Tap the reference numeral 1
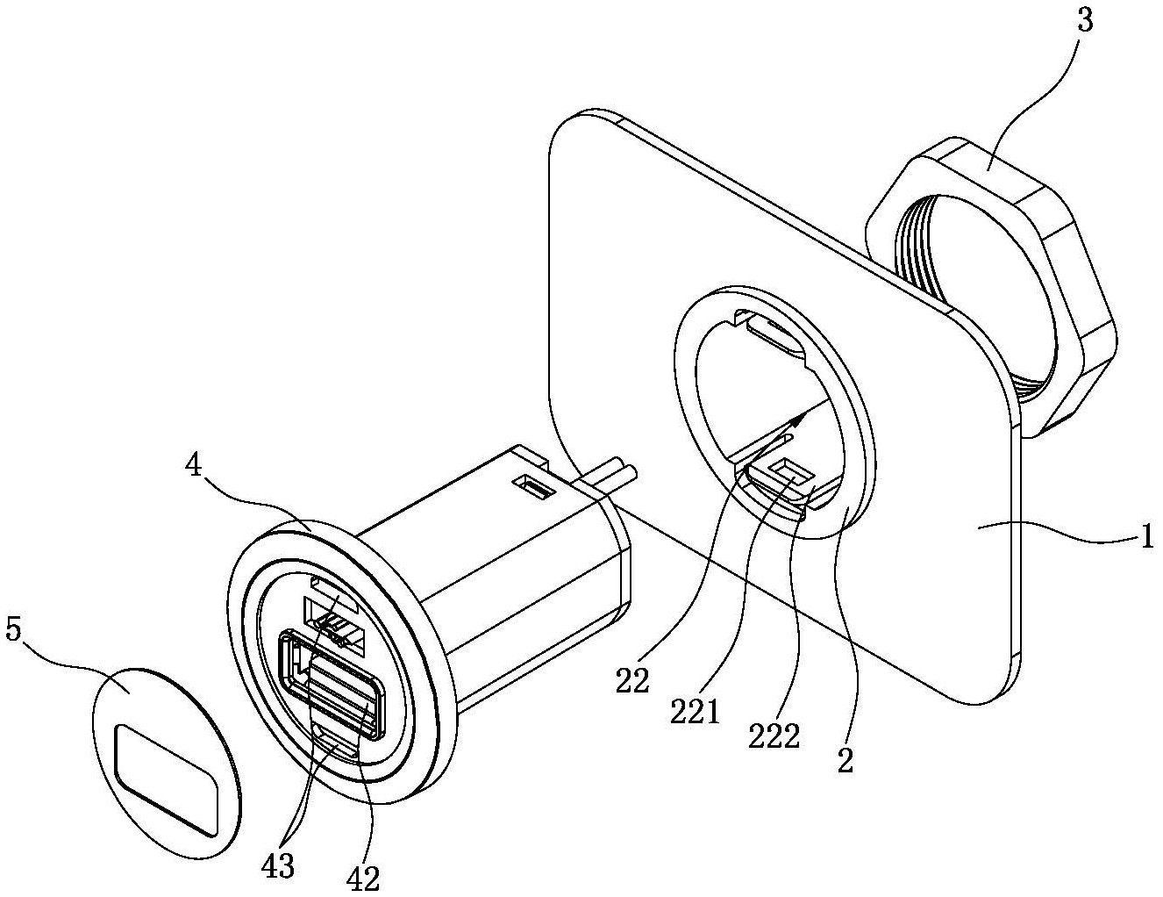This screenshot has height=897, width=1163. click(1145, 537)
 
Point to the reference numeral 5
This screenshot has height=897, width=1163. click(14, 635)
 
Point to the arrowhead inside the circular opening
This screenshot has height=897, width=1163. click(797, 420)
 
